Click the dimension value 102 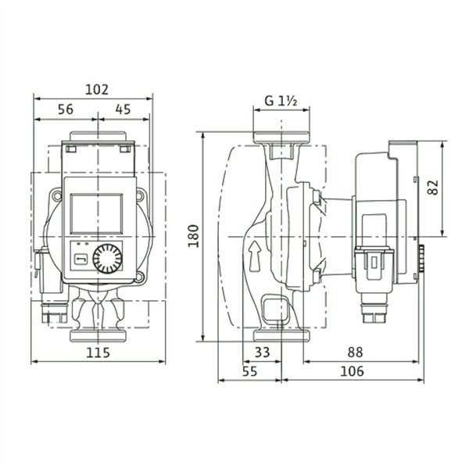tap(97, 90)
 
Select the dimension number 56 tap(66, 109)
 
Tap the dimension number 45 tap(124, 109)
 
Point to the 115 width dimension tap(98, 353)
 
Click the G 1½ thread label tap(281, 101)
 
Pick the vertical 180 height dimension tap(194, 236)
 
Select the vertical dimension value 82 tap(433, 188)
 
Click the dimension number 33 tap(263, 353)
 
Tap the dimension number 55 tap(250, 371)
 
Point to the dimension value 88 tap(355, 353)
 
